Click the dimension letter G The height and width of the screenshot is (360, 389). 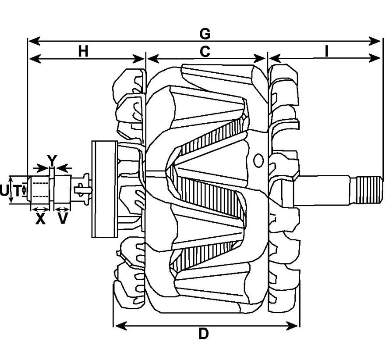click(205, 34)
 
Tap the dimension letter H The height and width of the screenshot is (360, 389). click(83, 52)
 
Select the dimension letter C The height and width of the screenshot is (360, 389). click(205, 52)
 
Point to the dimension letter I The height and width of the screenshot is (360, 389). click(327, 52)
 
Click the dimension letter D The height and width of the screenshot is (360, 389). click(204, 334)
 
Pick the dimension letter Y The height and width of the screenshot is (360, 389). click(52, 160)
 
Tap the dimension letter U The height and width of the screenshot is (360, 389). click(4, 191)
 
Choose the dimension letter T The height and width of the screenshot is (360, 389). click(17, 191)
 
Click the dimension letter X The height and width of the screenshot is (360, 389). click(40, 219)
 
